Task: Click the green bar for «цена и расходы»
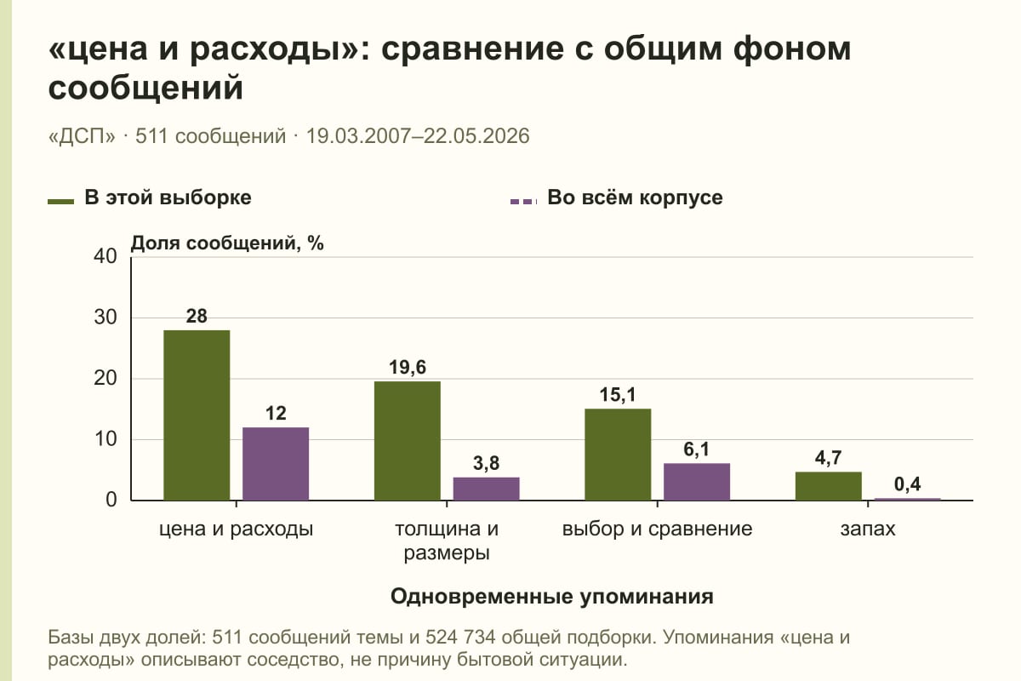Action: (197, 415)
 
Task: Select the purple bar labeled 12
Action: (276, 464)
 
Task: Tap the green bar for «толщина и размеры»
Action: (408, 441)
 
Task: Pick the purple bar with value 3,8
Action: (486, 489)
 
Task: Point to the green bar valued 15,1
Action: (618, 455)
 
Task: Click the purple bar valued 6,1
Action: (697, 482)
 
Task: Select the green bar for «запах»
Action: (829, 486)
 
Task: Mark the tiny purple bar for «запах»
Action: (908, 499)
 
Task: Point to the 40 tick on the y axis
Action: (106, 256)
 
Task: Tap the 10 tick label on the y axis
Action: (106, 439)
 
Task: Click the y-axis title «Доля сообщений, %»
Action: (227, 243)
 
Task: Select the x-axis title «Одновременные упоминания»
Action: (552, 596)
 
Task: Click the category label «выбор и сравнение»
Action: (657, 529)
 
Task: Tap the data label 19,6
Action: (408, 367)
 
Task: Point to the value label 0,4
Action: (908, 484)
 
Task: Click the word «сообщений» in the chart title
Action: (145, 87)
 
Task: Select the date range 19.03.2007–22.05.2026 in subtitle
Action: (418, 136)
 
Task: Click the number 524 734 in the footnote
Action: (460, 638)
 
